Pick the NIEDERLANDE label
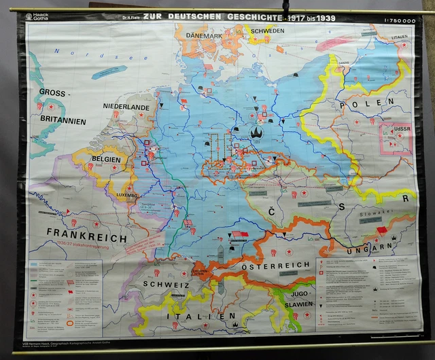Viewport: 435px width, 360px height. click(x=126, y=107)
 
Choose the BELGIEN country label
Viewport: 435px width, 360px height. click(x=103, y=160)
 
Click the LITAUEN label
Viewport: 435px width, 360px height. click(x=400, y=37)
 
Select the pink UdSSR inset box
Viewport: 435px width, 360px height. click(x=395, y=137)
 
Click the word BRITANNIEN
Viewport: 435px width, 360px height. click(x=62, y=121)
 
